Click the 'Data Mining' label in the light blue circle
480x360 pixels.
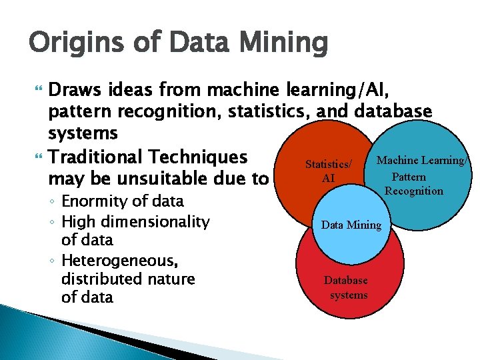(x=351, y=225)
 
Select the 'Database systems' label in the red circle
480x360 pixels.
(x=346, y=287)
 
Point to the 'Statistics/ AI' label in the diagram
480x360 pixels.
(x=328, y=171)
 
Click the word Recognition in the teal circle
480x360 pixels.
(x=413, y=191)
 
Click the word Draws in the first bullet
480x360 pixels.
(x=76, y=89)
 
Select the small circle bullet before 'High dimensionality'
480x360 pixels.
(x=52, y=221)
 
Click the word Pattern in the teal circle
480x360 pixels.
(x=409, y=177)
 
